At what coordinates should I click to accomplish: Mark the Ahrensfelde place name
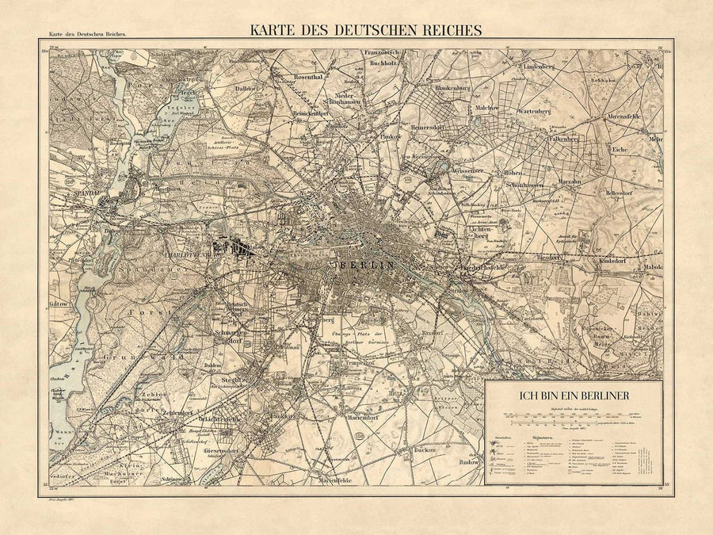click(645, 117)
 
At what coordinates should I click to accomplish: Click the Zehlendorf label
click(179, 413)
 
